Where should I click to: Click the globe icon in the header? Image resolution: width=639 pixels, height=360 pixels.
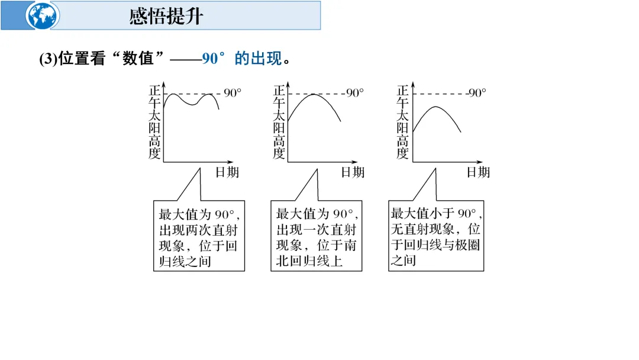tap(43, 15)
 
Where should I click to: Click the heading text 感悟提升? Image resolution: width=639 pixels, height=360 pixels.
tap(166, 16)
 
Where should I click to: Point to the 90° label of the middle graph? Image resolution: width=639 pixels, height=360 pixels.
tap(355, 93)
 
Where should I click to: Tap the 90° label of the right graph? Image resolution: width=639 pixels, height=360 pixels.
tap(476, 93)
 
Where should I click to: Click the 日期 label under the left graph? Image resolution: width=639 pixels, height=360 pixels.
tap(227, 172)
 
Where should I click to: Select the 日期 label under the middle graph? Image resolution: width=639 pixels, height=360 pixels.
tap(353, 172)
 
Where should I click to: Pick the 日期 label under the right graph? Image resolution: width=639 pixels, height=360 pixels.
tap(478, 172)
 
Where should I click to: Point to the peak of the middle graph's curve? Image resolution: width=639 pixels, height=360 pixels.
tap(312, 94)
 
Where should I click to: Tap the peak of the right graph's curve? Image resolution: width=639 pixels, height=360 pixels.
tap(435, 107)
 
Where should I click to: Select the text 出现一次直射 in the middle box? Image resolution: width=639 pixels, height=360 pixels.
tap(317, 230)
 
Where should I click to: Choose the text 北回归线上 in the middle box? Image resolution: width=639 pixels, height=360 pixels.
tap(309, 261)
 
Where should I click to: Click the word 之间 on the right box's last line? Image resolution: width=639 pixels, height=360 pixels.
tap(403, 261)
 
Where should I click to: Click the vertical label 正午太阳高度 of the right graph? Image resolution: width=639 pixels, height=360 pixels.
tap(402, 123)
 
